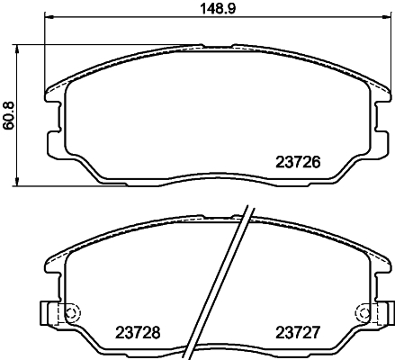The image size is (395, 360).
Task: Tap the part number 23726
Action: pos(296,164)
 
